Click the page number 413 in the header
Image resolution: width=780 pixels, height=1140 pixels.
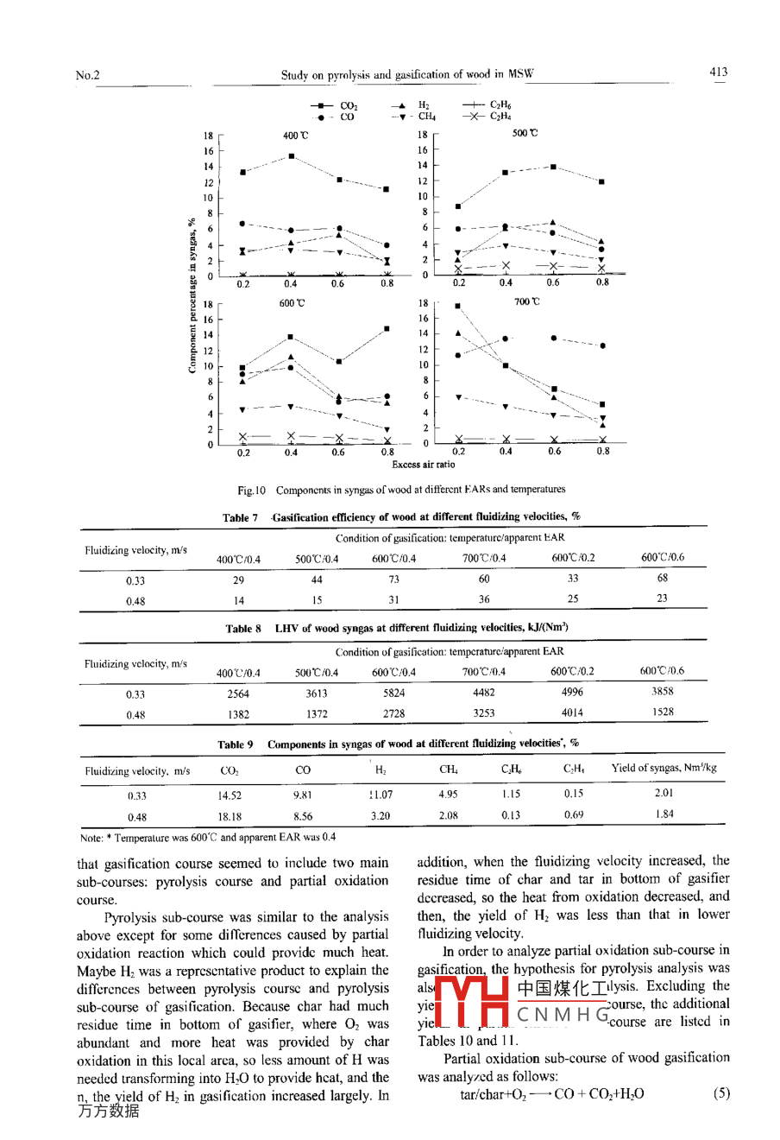[x=718, y=73]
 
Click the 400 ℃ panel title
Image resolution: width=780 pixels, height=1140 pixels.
[x=295, y=136]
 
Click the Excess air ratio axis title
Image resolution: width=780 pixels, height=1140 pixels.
[x=423, y=465]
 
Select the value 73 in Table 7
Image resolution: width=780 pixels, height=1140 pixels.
[x=393, y=579]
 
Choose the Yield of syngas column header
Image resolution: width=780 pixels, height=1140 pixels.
[x=664, y=768]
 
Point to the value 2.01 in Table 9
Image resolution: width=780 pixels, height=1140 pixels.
[x=664, y=793]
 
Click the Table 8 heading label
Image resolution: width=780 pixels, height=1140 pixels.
[x=242, y=629]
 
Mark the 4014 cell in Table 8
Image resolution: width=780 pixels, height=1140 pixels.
[x=572, y=713]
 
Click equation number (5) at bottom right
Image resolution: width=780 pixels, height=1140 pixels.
[x=721, y=1093]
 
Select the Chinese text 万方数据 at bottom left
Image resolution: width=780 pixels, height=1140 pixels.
[x=108, y=1111]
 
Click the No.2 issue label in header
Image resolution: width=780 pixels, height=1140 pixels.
[x=87, y=75]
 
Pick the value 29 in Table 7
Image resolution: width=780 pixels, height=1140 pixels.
[x=238, y=580]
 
